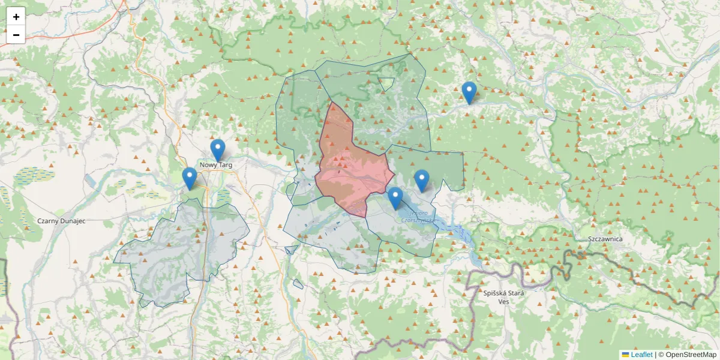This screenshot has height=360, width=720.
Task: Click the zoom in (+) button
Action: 16,17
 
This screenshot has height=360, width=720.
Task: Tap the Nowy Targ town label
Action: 216,164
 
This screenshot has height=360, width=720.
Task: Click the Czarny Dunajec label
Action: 61,221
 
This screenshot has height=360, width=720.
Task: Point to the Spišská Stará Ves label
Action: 504,297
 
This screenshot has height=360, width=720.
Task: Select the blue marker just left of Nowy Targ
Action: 190,177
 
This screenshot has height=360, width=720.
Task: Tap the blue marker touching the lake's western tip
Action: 395,197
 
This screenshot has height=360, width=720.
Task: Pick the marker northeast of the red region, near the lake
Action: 422,179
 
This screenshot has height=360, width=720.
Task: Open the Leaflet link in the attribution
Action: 641,355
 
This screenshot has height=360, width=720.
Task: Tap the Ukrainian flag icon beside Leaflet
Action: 625,355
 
